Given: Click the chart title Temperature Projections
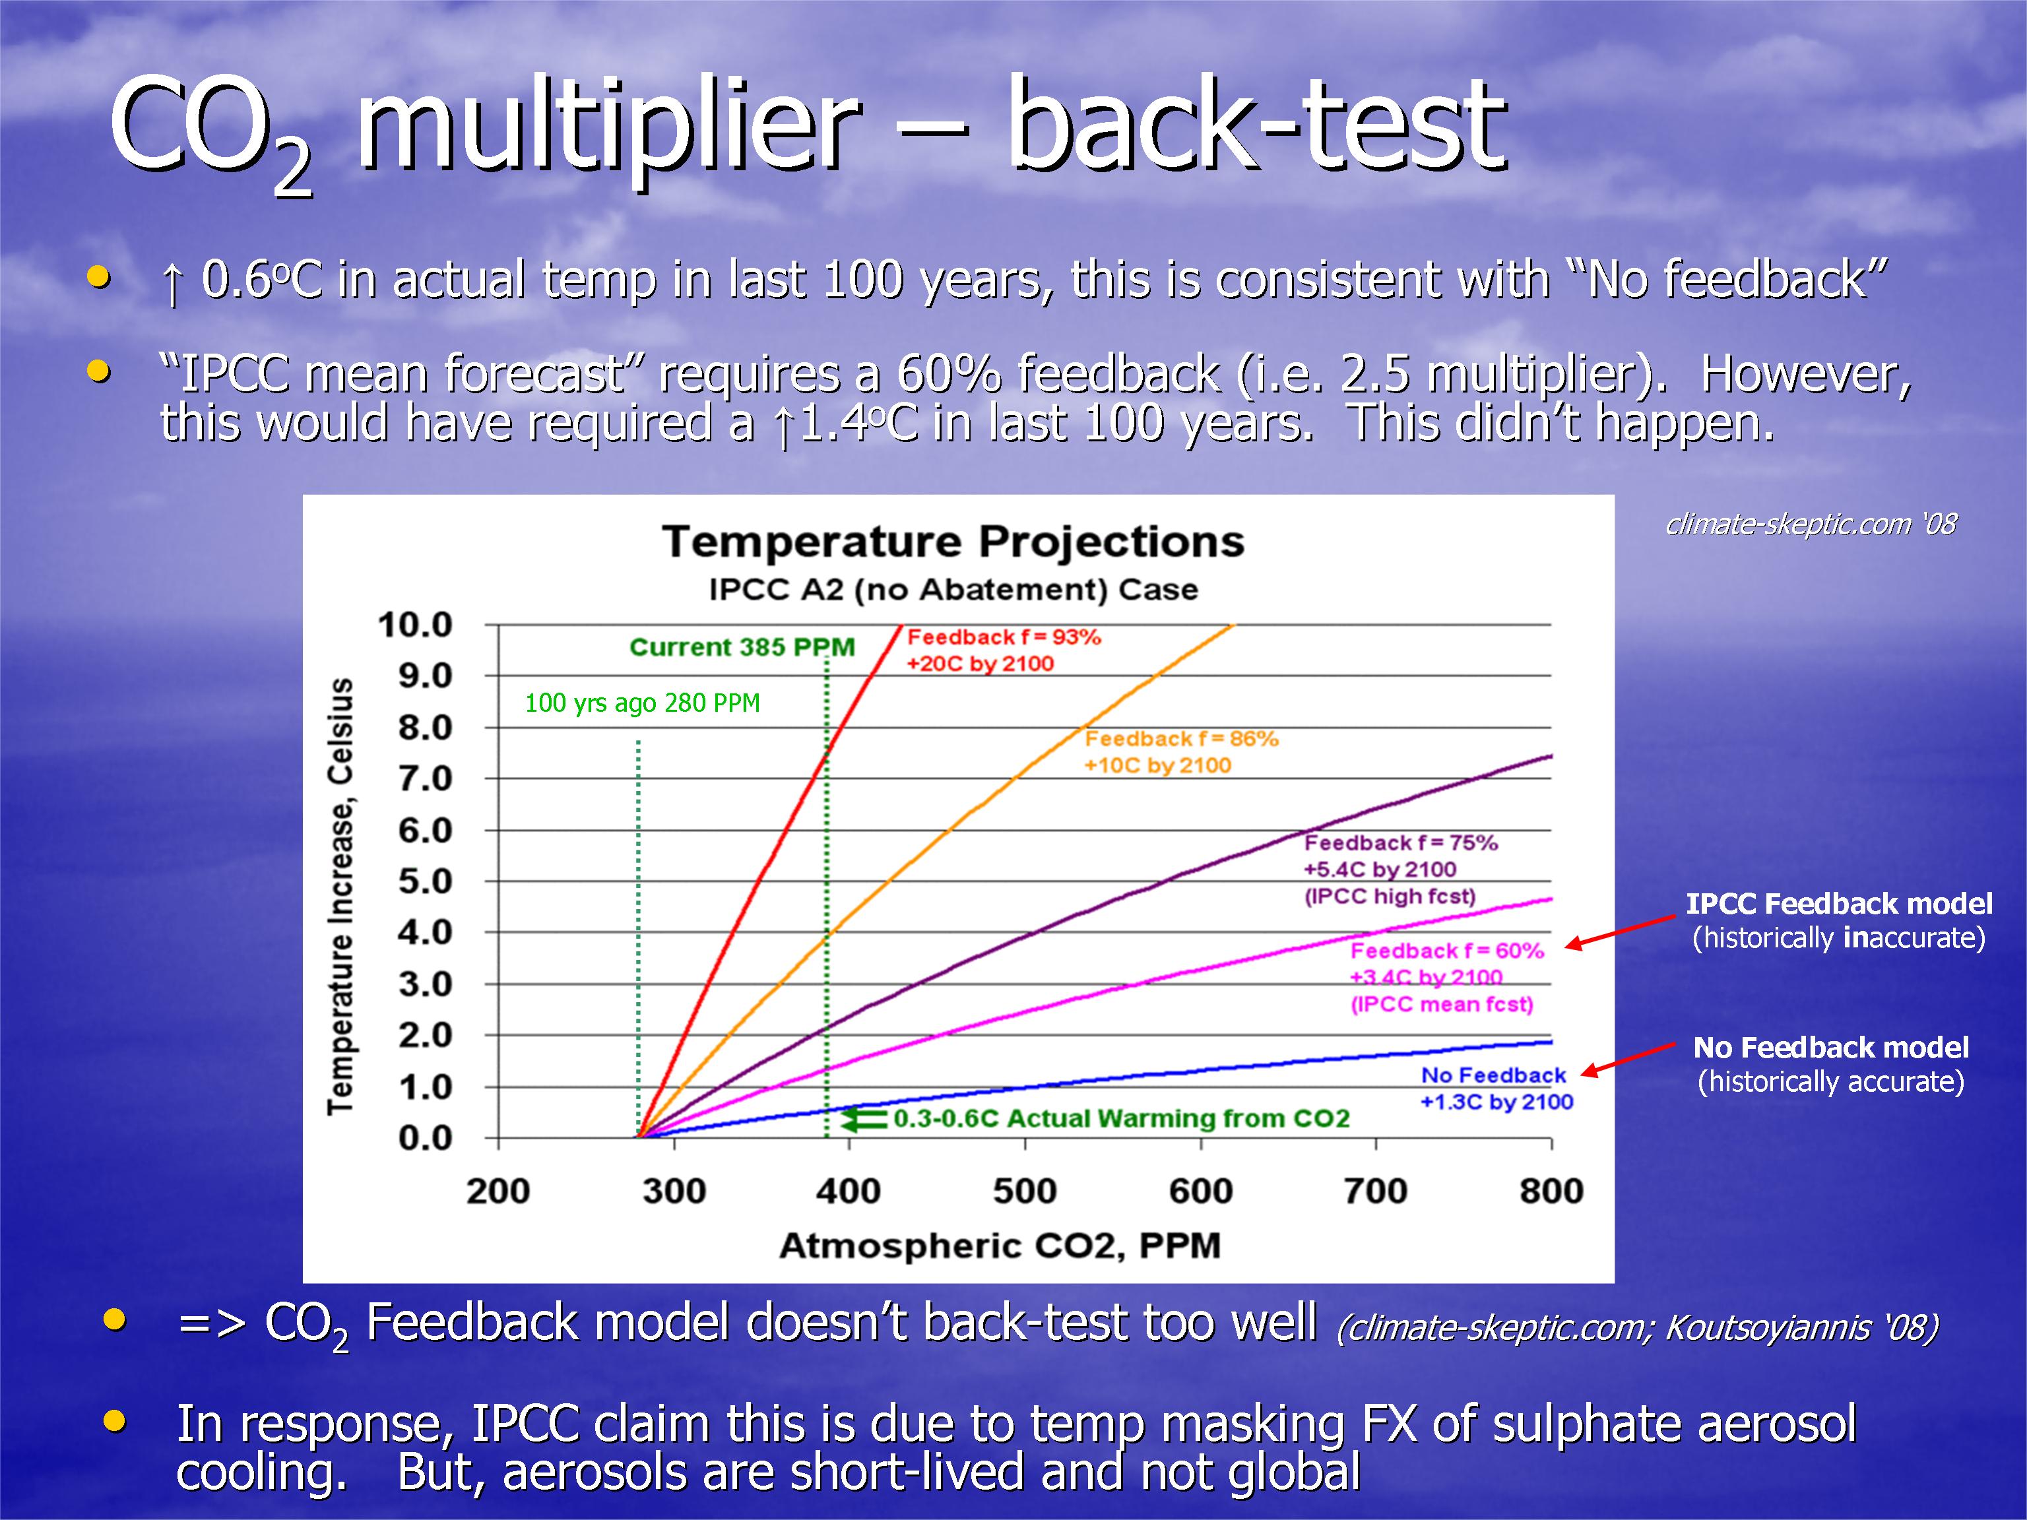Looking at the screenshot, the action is [x=953, y=542].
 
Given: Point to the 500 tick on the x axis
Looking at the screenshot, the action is [x=1025, y=1190].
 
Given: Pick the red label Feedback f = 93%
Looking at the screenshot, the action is [x=1004, y=637].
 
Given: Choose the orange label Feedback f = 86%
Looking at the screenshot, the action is [x=1181, y=738].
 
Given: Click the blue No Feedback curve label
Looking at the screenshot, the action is [x=1494, y=1075].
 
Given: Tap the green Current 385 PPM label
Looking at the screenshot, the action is [x=742, y=647].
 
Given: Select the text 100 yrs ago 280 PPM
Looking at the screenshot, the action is [x=643, y=703].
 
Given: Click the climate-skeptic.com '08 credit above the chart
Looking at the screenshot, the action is [x=1811, y=523].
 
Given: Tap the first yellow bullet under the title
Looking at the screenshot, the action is [x=99, y=276].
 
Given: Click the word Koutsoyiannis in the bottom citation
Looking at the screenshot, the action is [x=1766, y=1327].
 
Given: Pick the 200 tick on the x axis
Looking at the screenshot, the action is [x=498, y=1190].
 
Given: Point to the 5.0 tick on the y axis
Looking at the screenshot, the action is [x=425, y=881].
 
